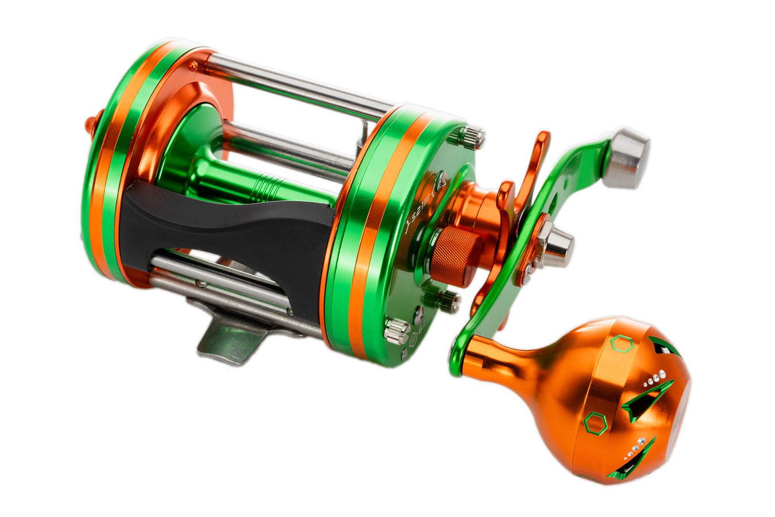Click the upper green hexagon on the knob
(x=621, y=344)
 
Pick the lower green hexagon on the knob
(x=595, y=425)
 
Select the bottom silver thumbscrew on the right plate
(x=396, y=331)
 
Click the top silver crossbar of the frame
(x=299, y=83)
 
